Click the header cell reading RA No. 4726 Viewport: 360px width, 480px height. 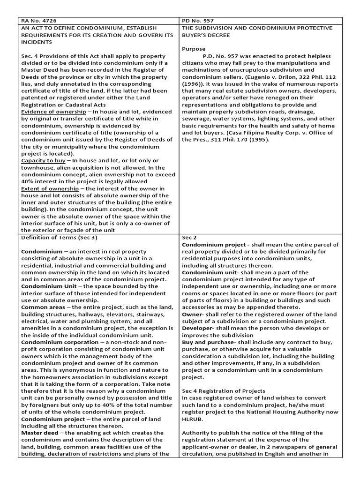(38, 21)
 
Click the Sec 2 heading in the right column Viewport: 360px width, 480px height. (188, 237)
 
